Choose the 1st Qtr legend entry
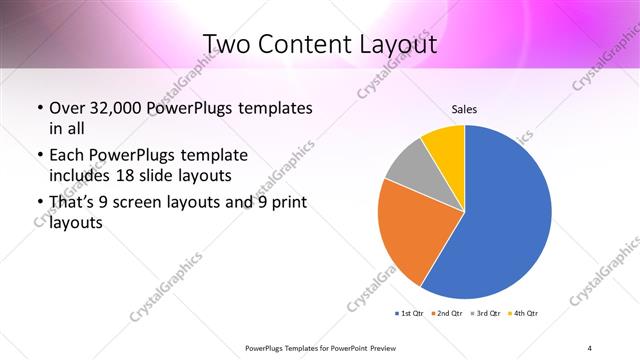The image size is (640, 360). tap(409, 314)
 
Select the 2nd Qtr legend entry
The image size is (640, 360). tap(446, 314)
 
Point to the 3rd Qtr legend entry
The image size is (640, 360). tap(484, 314)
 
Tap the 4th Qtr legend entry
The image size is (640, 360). tap(523, 314)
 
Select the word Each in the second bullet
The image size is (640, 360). tap(68, 155)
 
